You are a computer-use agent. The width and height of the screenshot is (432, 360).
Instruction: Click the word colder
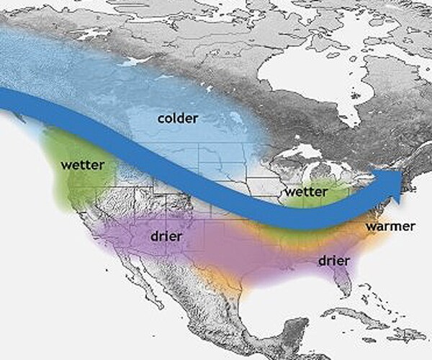point(178,117)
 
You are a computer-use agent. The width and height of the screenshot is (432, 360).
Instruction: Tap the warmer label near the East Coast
point(390,227)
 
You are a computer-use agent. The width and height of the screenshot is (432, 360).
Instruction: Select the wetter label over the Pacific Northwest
point(83,164)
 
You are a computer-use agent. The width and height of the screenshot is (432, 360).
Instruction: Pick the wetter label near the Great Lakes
point(306,192)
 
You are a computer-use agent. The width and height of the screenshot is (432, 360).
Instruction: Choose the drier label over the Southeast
point(333,259)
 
